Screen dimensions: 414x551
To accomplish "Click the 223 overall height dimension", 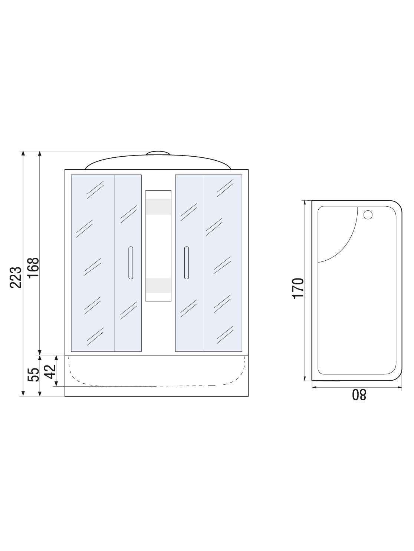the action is point(16,277).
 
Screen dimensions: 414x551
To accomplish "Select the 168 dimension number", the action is point(33,268).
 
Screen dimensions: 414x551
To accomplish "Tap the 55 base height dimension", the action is point(33,375).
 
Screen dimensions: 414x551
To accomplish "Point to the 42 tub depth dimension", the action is point(49,371).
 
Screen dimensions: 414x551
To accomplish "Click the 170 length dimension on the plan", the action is point(298,288).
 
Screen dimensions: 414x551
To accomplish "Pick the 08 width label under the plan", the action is point(359,395).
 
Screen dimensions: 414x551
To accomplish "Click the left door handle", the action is point(131,263).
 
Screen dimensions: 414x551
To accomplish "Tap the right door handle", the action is point(187,263).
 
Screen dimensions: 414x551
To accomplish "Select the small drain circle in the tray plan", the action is point(368,215).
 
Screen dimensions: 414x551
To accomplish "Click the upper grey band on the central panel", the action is point(158,207).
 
